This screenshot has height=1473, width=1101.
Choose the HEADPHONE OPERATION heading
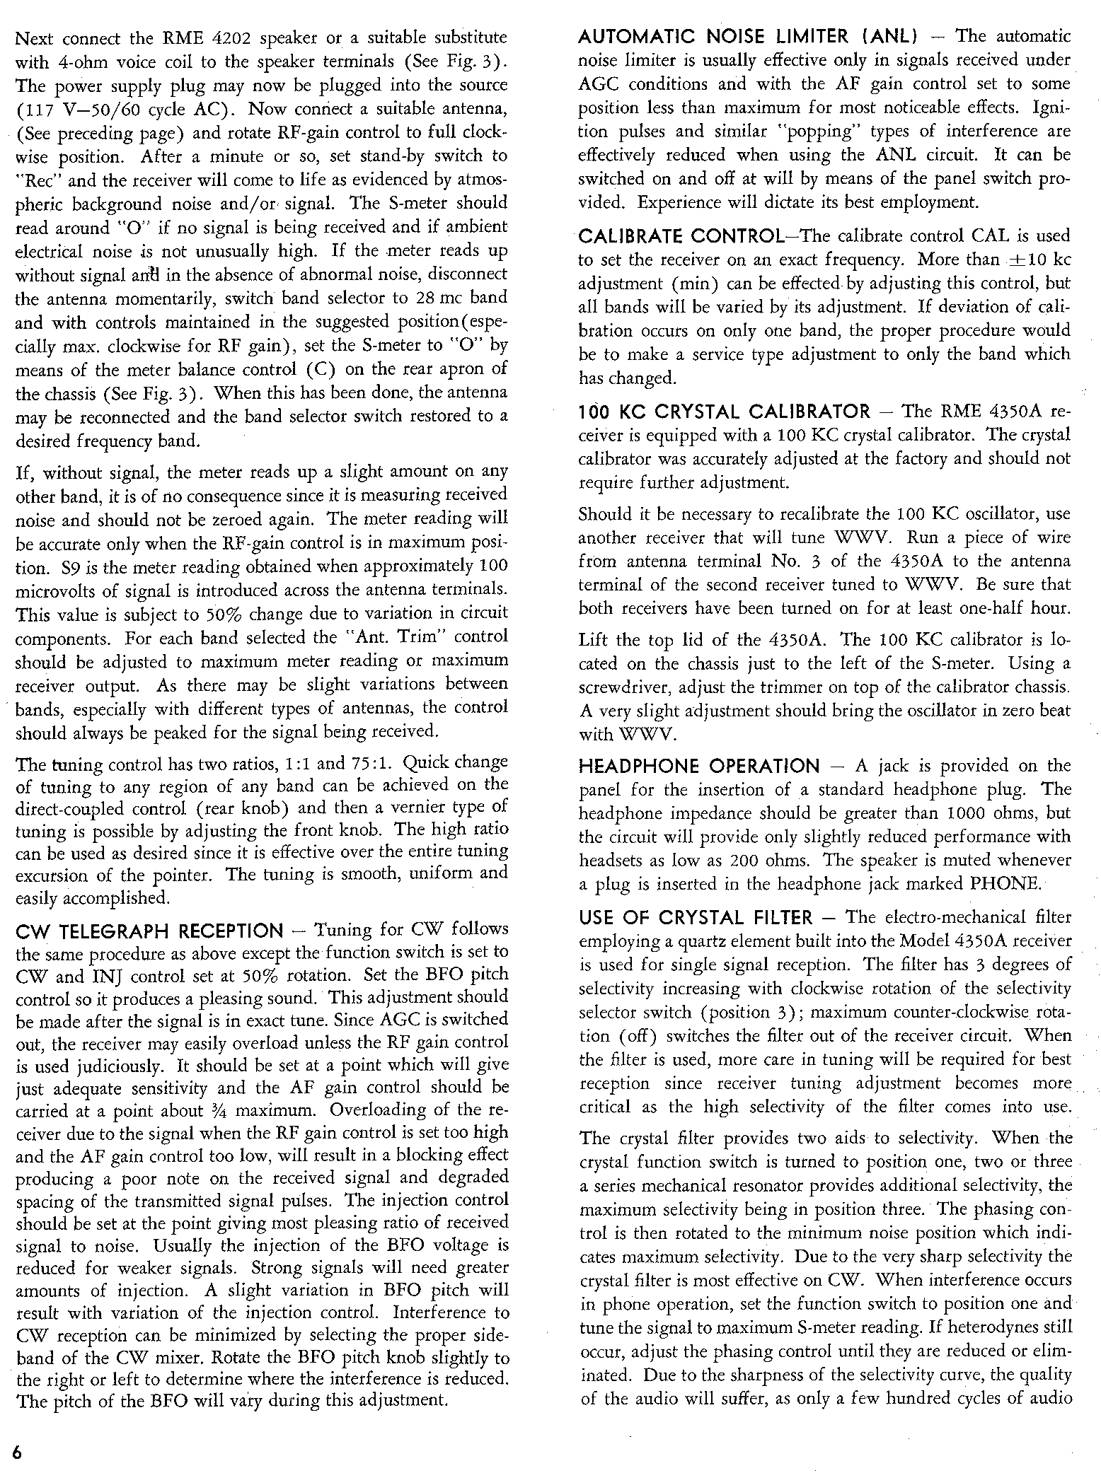point(698,766)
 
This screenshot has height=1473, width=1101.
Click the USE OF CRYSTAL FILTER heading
point(695,918)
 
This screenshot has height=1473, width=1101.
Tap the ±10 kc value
point(1040,260)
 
